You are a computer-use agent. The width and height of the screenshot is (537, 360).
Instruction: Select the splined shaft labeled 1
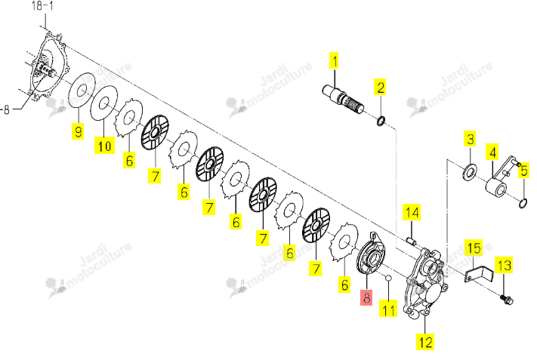click(343, 99)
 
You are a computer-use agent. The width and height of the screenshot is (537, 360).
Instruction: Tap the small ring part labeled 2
click(381, 121)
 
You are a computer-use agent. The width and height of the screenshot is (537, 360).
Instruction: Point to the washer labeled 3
click(470, 172)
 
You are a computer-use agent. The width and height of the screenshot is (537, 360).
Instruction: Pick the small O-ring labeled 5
click(523, 203)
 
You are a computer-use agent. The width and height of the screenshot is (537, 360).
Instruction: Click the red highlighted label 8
click(366, 297)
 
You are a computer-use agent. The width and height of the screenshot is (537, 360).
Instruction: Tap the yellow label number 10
click(104, 146)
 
